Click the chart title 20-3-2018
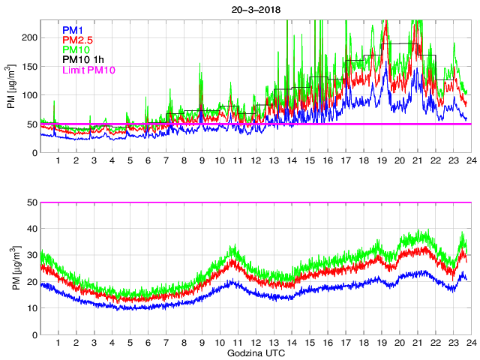(255, 6)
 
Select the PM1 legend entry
(73, 28)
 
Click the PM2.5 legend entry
(77, 39)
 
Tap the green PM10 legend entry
(76, 49)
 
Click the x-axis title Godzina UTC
(255, 352)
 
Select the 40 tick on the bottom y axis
(32, 229)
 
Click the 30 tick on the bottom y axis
(32, 255)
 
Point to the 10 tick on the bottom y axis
(32, 308)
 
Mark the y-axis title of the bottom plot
(11, 268)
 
